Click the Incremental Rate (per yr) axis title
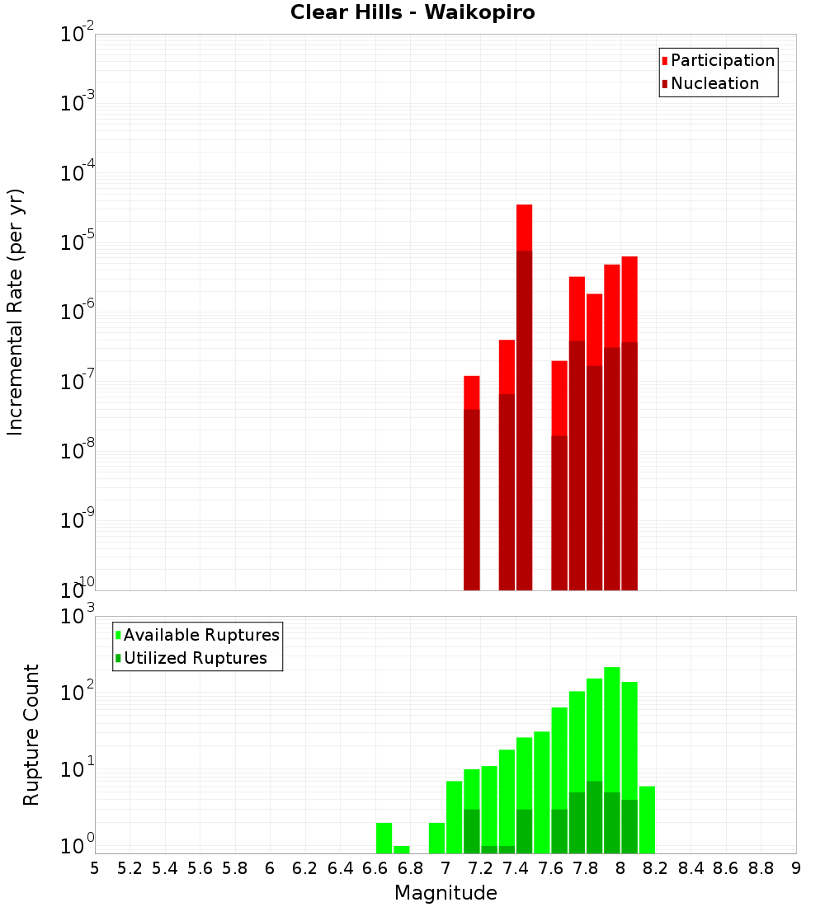point(16,313)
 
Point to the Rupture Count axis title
point(31,735)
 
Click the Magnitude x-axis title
point(445,893)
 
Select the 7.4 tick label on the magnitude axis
point(516,868)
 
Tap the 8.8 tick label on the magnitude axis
point(761,868)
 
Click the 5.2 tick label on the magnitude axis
point(130,868)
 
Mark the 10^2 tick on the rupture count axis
point(78,693)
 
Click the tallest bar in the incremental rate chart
point(524,396)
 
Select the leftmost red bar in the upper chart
point(472,482)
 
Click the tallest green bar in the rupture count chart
point(612,759)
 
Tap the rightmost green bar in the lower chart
point(647,820)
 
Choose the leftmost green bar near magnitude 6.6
point(384,838)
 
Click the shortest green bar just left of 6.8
point(402,849)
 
